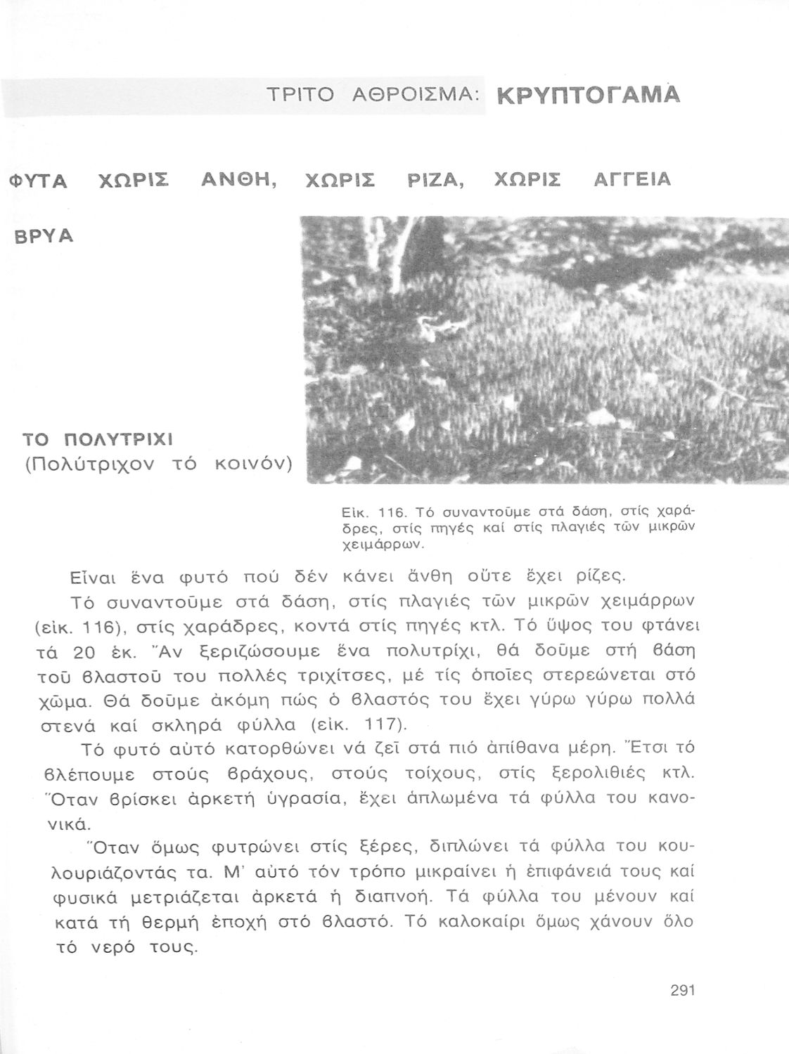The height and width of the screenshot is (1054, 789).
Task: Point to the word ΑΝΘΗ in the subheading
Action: (x=238, y=181)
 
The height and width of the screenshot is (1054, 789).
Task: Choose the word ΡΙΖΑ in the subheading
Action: (x=437, y=181)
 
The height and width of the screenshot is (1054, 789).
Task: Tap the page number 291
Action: (x=682, y=991)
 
